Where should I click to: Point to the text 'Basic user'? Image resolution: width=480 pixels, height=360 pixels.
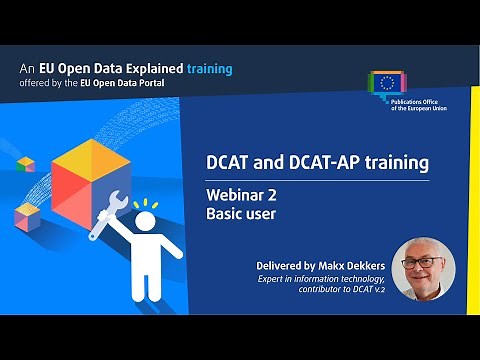(x=242, y=214)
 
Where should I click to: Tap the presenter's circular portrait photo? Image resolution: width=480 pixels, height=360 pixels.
(x=423, y=268)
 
